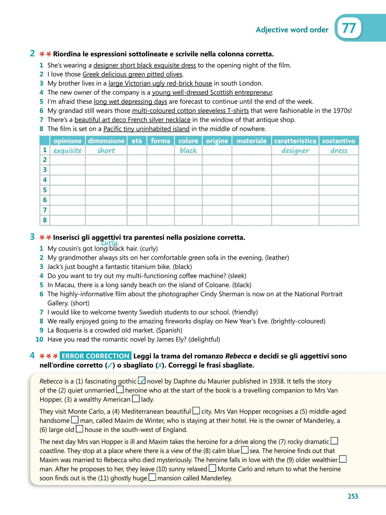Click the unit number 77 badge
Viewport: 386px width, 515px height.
349,29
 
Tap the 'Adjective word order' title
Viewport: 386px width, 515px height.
292,30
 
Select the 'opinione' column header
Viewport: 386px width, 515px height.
68,141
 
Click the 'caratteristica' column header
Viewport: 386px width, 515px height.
295,141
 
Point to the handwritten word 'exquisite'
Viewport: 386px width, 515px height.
68,151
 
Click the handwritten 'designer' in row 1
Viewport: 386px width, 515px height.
295,151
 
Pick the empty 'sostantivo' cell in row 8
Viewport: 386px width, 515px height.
339,220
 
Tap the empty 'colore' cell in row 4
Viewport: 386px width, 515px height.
188,180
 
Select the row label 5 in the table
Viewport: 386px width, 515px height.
45,190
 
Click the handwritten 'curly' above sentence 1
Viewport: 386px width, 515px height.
109,242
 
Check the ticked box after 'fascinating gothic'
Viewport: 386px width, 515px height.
142,381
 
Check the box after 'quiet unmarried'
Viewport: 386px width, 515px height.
120,390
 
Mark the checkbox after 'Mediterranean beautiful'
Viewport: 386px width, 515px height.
196,411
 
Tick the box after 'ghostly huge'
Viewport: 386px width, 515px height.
152,478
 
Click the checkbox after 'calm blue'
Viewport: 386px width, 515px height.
245,450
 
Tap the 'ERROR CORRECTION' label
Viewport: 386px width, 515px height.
95,356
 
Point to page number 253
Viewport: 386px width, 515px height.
353,496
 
